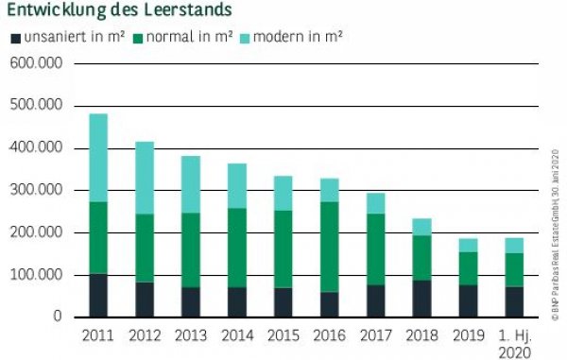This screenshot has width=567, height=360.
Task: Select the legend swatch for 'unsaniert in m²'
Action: click(14, 39)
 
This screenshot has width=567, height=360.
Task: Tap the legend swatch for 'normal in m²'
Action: click(138, 39)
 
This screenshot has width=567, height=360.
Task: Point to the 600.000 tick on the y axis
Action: click(35, 63)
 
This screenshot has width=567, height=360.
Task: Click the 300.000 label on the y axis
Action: click(35, 190)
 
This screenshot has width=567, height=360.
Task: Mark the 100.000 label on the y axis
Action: click(35, 275)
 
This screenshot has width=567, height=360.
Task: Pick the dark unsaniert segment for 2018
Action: click(421, 298)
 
